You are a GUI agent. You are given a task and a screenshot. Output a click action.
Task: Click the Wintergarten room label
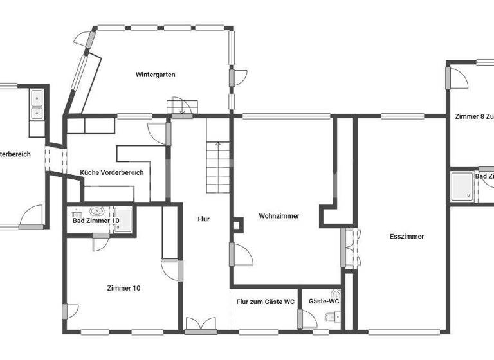[155, 75]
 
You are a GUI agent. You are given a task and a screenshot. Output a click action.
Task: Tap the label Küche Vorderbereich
[111, 172]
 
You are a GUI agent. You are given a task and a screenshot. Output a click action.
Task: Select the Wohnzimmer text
[279, 216]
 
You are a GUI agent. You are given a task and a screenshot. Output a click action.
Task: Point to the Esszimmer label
[407, 237]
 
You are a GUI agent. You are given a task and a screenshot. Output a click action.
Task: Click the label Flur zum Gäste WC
[265, 301]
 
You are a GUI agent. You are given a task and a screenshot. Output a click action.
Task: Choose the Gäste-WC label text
[324, 301]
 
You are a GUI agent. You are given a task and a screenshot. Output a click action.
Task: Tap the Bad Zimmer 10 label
[96, 221]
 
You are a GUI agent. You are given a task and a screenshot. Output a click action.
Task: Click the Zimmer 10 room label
[123, 288]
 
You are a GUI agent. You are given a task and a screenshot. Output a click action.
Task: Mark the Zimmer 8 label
[473, 117]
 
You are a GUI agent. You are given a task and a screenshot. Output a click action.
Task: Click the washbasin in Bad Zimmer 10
[98, 210]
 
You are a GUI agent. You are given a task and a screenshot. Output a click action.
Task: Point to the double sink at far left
[37, 105]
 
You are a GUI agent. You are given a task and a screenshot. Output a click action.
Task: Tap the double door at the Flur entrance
[201, 325]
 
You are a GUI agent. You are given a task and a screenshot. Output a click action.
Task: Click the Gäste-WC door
[307, 320]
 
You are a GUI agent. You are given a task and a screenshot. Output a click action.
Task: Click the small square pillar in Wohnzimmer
[239, 226]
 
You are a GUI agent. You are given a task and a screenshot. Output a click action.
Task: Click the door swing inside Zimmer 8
[459, 77]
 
